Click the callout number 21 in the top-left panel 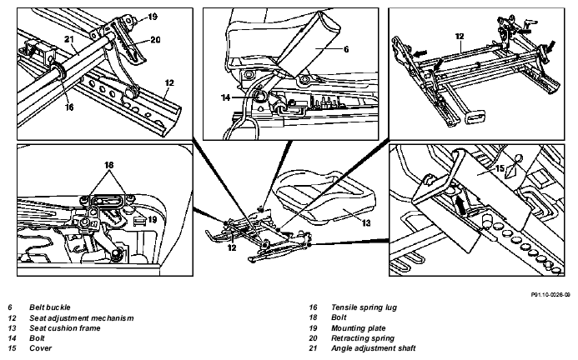click(69, 39)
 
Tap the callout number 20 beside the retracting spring click(156, 40)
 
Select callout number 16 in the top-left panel click(69, 107)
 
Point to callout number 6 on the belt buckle click(346, 49)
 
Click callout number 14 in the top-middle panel click(225, 97)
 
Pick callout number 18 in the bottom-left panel click(108, 165)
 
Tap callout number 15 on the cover click(500, 168)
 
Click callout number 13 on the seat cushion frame click(366, 223)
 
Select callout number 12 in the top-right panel click(460, 37)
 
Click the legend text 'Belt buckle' click(50, 307)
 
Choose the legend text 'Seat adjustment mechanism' click(82, 318)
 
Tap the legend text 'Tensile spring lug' click(364, 307)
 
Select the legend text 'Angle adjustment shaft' click(373, 348)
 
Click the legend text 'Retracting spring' click(363, 338)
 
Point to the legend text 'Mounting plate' click(359, 328)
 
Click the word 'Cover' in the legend click(41, 348)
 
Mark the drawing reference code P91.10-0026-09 click(550, 295)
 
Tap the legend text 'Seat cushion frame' click(65, 328)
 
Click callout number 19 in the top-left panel click(153, 17)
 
